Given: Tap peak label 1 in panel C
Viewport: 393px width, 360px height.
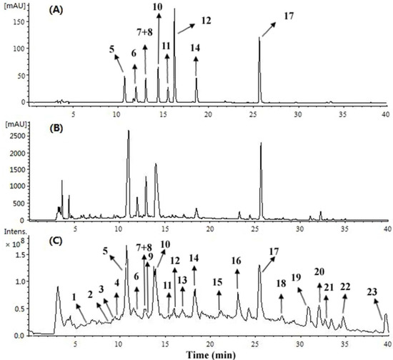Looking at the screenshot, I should click(x=74, y=296).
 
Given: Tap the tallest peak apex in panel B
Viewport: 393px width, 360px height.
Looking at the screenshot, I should click(x=128, y=131).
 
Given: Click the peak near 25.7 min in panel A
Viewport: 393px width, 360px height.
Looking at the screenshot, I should click(x=259, y=39).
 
